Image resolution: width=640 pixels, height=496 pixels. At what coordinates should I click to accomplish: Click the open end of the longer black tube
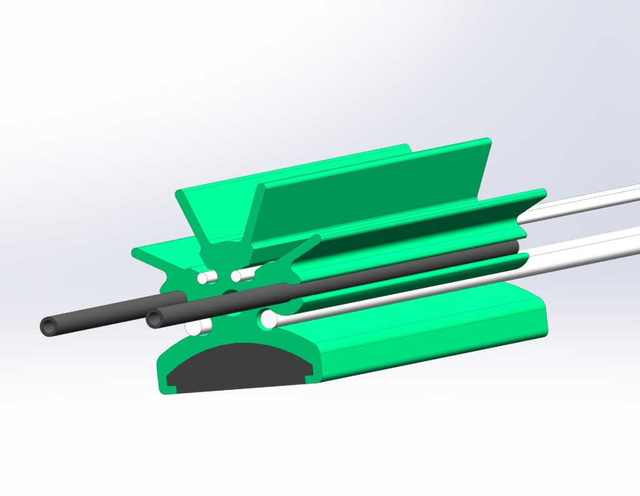[49, 326]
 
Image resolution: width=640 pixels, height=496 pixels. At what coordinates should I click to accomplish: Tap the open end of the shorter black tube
[155, 319]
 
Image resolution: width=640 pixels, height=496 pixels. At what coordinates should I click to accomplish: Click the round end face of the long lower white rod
[269, 320]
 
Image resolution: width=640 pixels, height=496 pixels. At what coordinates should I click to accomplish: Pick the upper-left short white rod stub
[204, 276]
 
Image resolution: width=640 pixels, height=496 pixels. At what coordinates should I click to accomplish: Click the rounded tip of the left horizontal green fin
[136, 252]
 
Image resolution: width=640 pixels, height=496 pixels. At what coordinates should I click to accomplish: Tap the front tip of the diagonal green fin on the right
[316, 239]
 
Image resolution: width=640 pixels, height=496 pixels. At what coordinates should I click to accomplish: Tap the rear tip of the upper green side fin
[541, 192]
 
